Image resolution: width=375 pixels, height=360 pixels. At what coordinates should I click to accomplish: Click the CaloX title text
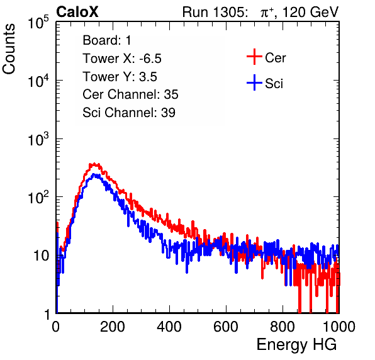coord(77,12)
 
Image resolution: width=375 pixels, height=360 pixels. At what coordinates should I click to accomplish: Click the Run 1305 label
coord(215,12)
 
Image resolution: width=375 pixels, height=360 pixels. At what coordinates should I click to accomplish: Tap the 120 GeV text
coord(311,12)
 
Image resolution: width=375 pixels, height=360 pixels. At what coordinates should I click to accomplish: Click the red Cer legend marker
coord(254,57)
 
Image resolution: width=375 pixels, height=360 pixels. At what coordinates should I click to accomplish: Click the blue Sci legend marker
coord(254,82)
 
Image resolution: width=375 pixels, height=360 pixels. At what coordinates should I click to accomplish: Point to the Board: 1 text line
coord(107,40)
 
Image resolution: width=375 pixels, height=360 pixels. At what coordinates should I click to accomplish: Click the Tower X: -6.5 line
coord(122,59)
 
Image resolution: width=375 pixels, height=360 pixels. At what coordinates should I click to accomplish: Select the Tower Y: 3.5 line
coord(120,77)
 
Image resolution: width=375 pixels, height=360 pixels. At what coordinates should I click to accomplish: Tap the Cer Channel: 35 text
coord(130,94)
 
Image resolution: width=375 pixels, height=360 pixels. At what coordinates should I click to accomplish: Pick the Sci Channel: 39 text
coord(129,113)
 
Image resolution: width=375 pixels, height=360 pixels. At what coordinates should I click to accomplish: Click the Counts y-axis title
coord(9,49)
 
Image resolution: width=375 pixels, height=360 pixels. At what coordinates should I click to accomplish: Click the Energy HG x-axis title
coord(296,345)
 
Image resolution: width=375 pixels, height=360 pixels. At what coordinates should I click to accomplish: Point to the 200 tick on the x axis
coord(113,327)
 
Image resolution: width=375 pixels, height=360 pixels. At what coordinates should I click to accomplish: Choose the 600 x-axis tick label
coord(226,327)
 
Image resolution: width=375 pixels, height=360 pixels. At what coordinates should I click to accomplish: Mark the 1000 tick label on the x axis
coord(339,327)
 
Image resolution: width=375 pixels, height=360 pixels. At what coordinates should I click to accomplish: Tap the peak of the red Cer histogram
coord(94,164)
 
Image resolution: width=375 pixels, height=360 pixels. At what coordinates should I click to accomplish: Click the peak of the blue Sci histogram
coord(95,174)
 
